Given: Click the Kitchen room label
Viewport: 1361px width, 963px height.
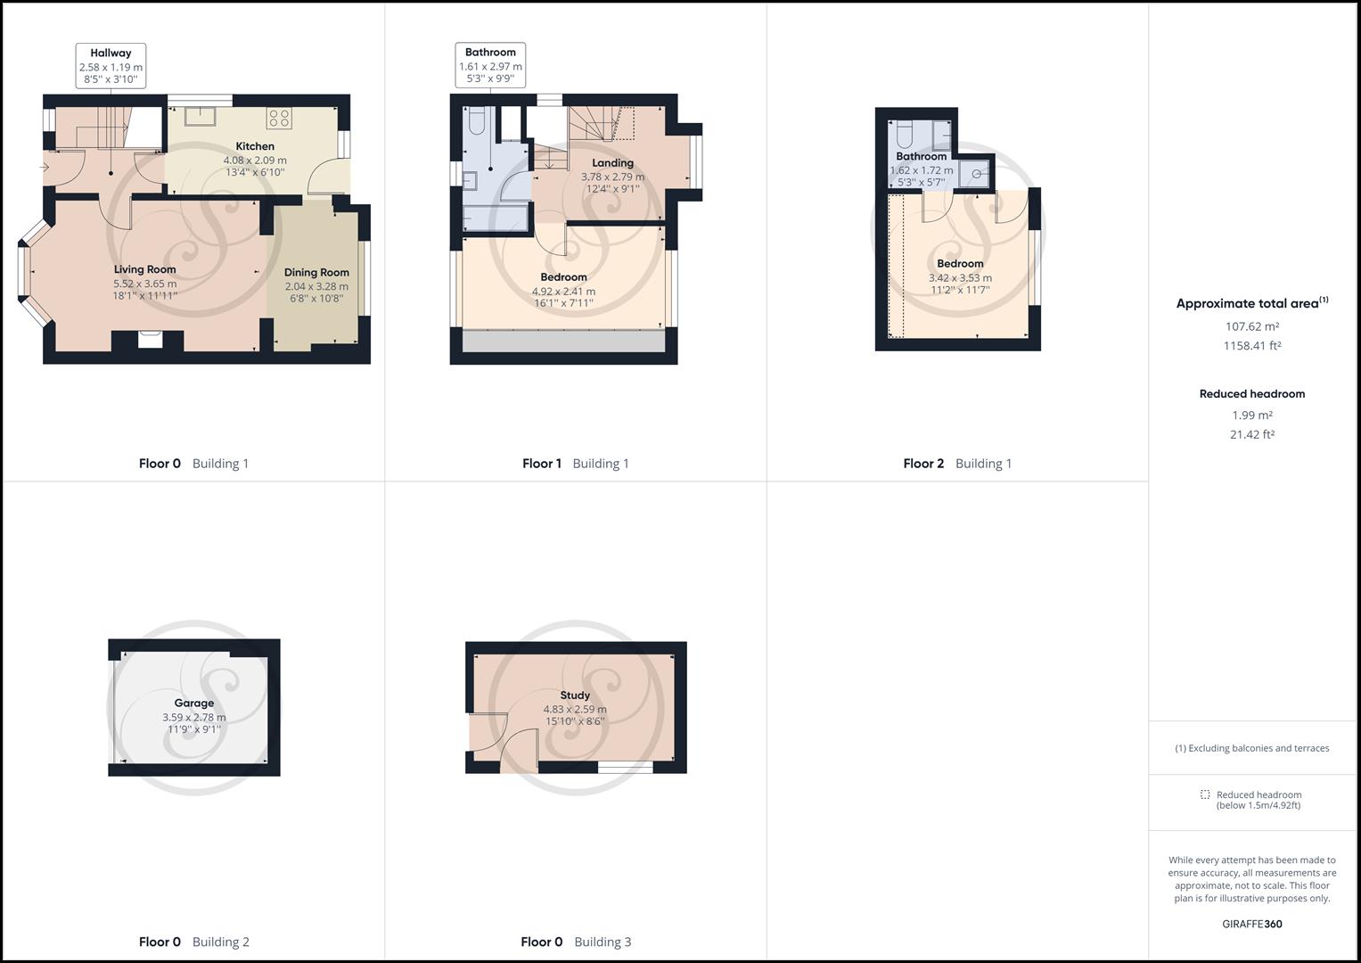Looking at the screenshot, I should pyautogui.click(x=255, y=146).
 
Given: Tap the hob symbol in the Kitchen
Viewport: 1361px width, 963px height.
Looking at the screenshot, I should pyautogui.click(x=279, y=117).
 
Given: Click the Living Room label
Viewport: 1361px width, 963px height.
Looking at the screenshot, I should pyautogui.click(x=144, y=269).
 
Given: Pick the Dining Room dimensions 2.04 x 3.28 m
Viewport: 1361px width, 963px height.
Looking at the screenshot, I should pyautogui.click(x=316, y=286).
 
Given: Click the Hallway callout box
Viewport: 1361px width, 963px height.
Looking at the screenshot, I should pyautogui.click(x=111, y=66).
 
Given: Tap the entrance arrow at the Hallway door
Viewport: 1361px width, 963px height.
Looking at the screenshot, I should pyautogui.click(x=45, y=167).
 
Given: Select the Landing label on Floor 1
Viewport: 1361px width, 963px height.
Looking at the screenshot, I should pyautogui.click(x=612, y=163).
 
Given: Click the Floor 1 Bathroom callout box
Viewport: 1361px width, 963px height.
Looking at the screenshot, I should pyautogui.click(x=490, y=65).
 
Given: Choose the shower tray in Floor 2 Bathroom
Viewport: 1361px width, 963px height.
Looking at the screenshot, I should pyautogui.click(x=976, y=174).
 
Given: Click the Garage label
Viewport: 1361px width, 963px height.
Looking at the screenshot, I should pyautogui.click(x=193, y=703).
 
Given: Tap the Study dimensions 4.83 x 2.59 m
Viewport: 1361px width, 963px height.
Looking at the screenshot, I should pyautogui.click(x=575, y=710).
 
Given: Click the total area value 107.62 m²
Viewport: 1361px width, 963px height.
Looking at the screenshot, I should pyautogui.click(x=1251, y=326).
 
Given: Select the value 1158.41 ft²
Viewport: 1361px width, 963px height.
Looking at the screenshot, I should pyautogui.click(x=1251, y=346).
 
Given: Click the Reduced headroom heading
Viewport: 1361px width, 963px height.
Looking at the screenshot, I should pyautogui.click(x=1251, y=393).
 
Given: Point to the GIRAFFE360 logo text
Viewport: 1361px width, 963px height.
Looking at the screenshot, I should pyautogui.click(x=1251, y=924).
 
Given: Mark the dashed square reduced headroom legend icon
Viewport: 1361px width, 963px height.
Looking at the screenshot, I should pyautogui.click(x=1205, y=794).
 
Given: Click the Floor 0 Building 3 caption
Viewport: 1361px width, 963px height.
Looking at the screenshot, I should pyautogui.click(x=576, y=942).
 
